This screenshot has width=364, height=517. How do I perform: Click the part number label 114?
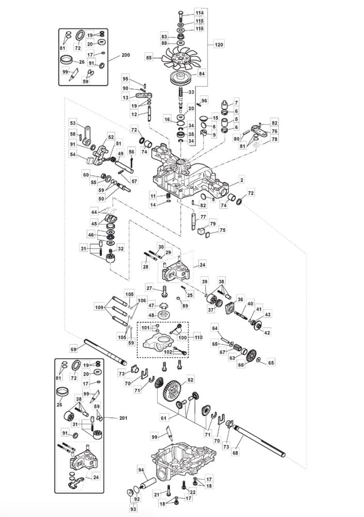click(x=200, y=12)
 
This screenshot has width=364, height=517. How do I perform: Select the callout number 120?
click(x=219, y=45)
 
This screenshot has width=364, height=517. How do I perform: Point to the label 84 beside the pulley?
click(x=202, y=74)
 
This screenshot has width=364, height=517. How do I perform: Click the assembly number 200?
click(x=126, y=55)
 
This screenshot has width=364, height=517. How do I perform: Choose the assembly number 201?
click(x=123, y=418)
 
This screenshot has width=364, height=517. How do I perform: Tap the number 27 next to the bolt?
click(x=149, y=288)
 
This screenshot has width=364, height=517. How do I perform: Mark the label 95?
click(x=125, y=78)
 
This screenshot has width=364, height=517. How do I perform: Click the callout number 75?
click(x=223, y=230)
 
